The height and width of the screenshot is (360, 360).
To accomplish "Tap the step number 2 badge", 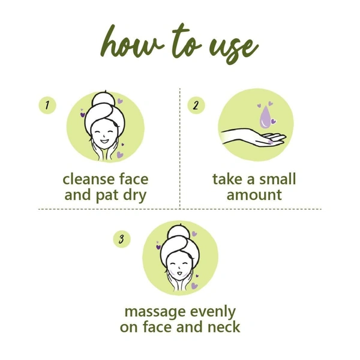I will point(196,106).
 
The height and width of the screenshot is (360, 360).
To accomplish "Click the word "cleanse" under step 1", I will point(89,179).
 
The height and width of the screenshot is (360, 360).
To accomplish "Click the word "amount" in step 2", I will point(254,195).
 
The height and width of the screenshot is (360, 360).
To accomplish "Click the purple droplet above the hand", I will point(264,117).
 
